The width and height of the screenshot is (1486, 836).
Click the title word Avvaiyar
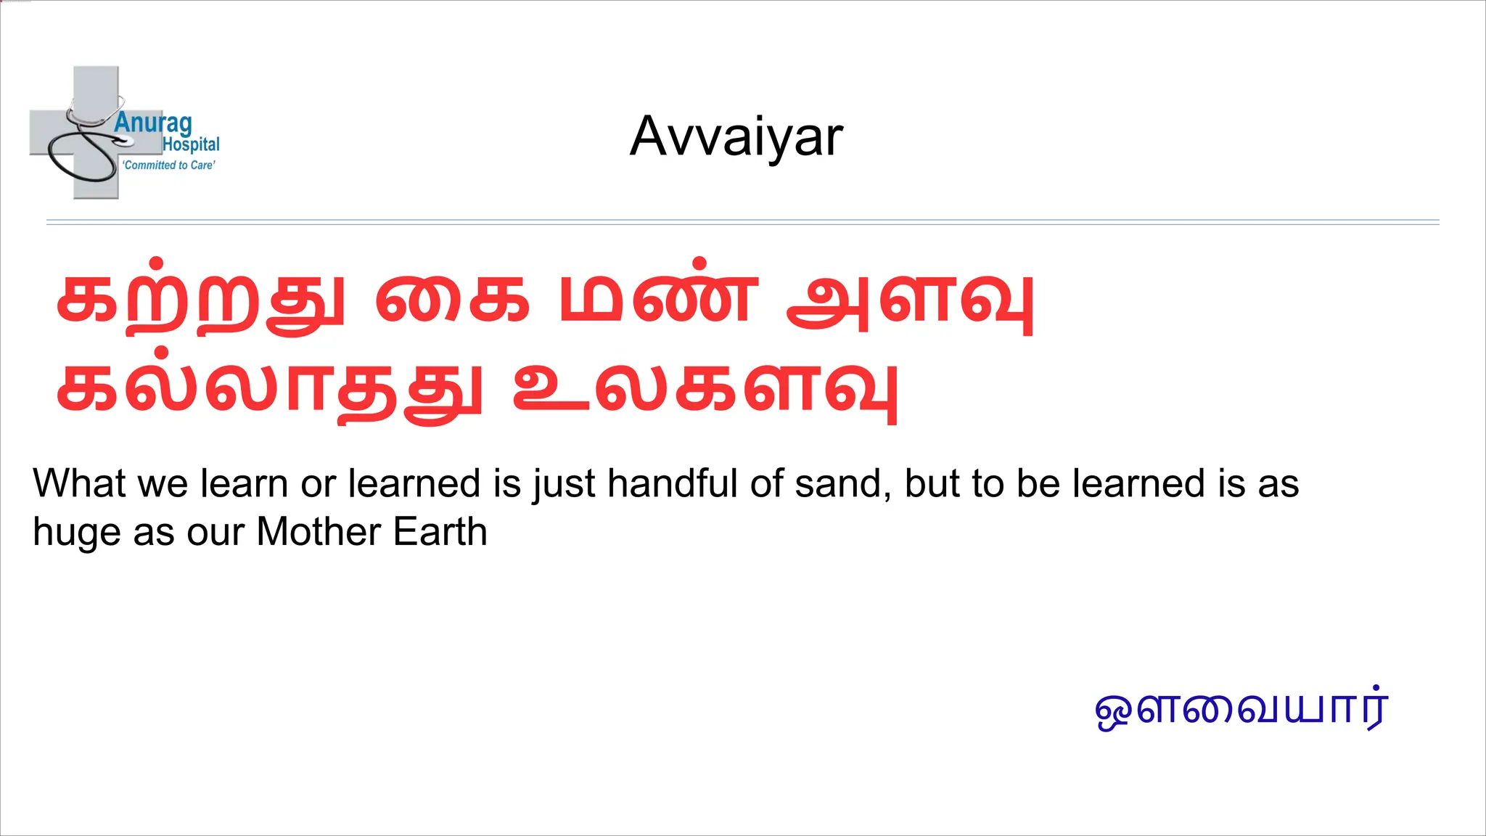tap(736, 136)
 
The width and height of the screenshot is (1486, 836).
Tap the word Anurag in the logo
tap(152, 123)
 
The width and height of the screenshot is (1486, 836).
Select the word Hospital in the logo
tap(191, 144)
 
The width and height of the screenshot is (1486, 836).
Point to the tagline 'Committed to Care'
tap(168, 165)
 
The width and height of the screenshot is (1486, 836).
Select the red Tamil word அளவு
tap(911, 298)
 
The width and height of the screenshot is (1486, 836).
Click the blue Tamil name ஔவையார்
tap(1241, 708)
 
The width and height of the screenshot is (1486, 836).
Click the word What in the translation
tap(79, 483)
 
